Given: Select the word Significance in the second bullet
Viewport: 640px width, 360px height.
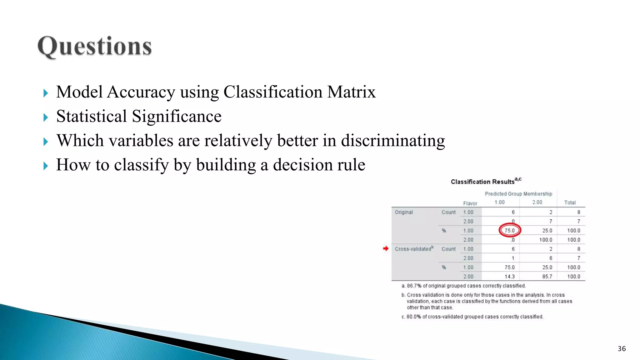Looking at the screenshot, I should click(x=177, y=117).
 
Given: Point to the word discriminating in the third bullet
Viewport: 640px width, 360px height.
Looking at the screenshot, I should click(x=393, y=141).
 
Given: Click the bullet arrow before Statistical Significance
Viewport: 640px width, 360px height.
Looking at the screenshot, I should click(x=46, y=117).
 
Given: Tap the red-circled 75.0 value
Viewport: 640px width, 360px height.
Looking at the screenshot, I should click(x=510, y=231).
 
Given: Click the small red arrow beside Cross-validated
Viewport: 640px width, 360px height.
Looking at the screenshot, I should click(x=386, y=248).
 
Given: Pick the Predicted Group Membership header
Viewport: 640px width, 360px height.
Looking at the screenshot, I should click(x=518, y=194).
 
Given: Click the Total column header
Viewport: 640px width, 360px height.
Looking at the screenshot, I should click(x=570, y=202).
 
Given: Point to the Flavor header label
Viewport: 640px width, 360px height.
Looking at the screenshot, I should click(x=470, y=203).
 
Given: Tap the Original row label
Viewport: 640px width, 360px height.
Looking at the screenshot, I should click(x=404, y=212).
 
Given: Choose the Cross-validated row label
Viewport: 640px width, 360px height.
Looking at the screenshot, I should click(x=413, y=249).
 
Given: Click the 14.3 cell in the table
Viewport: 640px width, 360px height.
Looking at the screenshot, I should click(x=509, y=277).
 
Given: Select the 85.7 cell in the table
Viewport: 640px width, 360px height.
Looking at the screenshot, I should click(x=547, y=277).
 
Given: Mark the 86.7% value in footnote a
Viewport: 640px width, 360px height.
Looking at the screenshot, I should click(x=414, y=286).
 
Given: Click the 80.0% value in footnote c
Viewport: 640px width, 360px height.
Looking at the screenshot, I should click(x=414, y=317).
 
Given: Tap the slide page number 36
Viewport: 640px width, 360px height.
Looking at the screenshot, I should click(x=622, y=349).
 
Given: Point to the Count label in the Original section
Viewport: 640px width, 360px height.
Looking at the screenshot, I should click(x=448, y=212).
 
